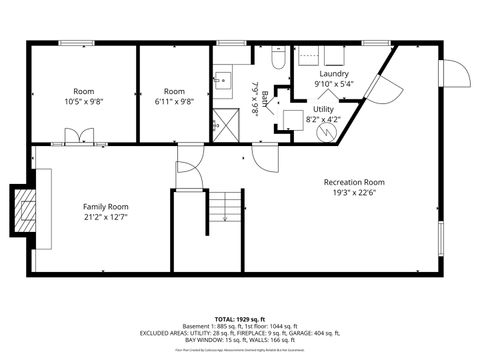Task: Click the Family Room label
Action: click(x=104, y=206)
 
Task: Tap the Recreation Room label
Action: click(x=353, y=182)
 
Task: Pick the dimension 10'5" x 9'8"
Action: click(x=83, y=101)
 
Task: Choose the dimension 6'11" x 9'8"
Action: click(x=174, y=101)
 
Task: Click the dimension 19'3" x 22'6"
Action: click(x=353, y=195)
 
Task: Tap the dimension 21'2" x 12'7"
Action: click(x=104, y=217)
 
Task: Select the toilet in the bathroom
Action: click(x=277, y=57)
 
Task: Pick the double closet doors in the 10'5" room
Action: click(x=83, y=135)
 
